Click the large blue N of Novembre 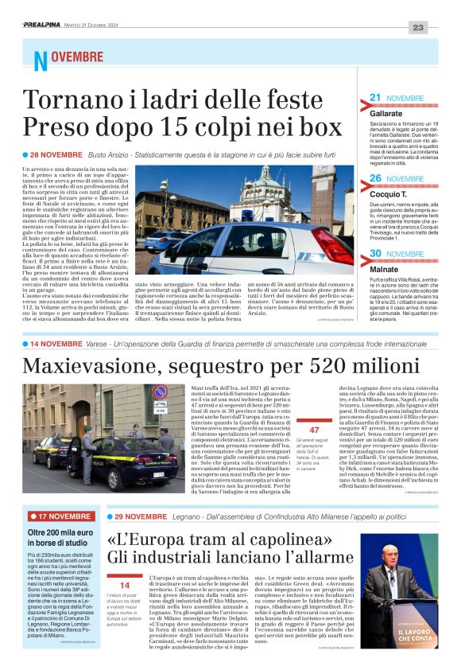(x=41, y=60)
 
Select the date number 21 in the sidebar (x=376, y=98)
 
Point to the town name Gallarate (x=386, y=115)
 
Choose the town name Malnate (x=384, y=270)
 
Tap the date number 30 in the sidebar (x=377, y=254)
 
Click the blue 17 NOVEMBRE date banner (x=60, y=516)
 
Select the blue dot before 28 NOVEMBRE (x=25, y=154)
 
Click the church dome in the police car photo (x=269, y=178)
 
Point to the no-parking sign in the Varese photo (x=160, y=393)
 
